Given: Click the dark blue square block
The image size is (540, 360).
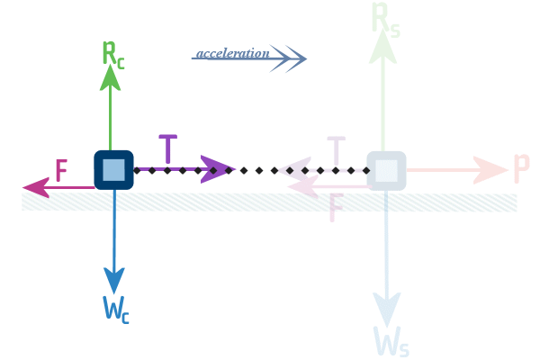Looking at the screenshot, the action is (113, 170).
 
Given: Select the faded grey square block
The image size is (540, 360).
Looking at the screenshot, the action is (386, 170).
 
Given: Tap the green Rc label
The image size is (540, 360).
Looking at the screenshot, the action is (113, 55).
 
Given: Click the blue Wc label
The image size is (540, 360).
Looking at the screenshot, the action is (116, 310).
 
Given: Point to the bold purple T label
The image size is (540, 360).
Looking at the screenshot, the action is (168, 148).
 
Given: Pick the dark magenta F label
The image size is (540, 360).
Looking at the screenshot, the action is (61, 170).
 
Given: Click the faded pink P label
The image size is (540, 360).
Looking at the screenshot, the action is (521, 168).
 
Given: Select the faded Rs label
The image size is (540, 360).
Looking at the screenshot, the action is (386, 20).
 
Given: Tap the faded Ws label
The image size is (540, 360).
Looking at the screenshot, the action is (391, 341).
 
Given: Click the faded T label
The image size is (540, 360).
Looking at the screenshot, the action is (336, 150).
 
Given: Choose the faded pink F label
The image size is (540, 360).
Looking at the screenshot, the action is (336, 207).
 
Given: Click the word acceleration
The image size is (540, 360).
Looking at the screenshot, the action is (233, 53).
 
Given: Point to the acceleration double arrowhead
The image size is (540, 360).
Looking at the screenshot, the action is (288, 58).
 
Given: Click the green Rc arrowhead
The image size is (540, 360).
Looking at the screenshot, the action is (110, 78).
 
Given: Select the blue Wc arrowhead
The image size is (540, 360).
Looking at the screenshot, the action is (114, 281).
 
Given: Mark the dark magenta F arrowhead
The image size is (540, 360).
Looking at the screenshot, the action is (36, 188).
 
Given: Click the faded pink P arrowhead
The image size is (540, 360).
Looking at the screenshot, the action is (490, 170).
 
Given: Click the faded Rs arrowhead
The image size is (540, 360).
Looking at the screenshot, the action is (383, 47).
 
